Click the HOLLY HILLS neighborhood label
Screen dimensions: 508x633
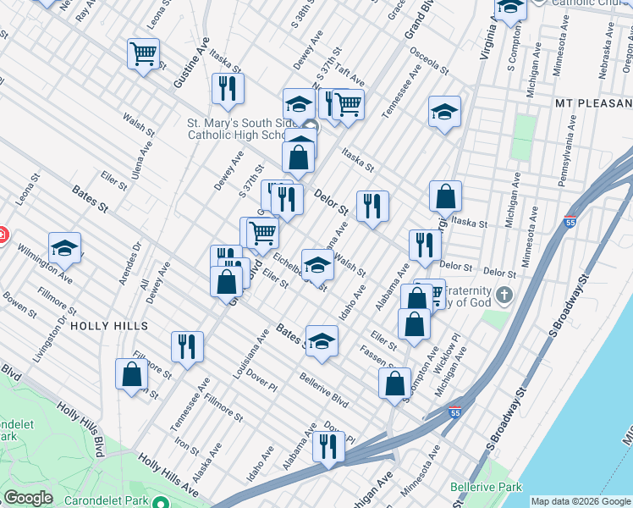(x=109, y=325)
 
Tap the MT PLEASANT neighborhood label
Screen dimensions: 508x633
(x=593, y=102)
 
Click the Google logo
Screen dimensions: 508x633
(x=28, y=498)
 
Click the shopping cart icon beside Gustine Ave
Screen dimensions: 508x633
(x=143, y=54)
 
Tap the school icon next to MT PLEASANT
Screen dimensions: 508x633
(x=444, y=112)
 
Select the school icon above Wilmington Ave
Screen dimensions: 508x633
(x=64, y=247)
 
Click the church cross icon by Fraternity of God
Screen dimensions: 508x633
(x=504, y=295)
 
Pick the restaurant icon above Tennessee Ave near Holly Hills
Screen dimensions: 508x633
(x=187, y=345)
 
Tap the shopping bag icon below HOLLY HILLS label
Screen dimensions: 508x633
(x=133, y=374)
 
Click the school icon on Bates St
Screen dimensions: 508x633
(x=322, y=340)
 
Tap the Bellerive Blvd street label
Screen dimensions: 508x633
(x=324, y=389)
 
